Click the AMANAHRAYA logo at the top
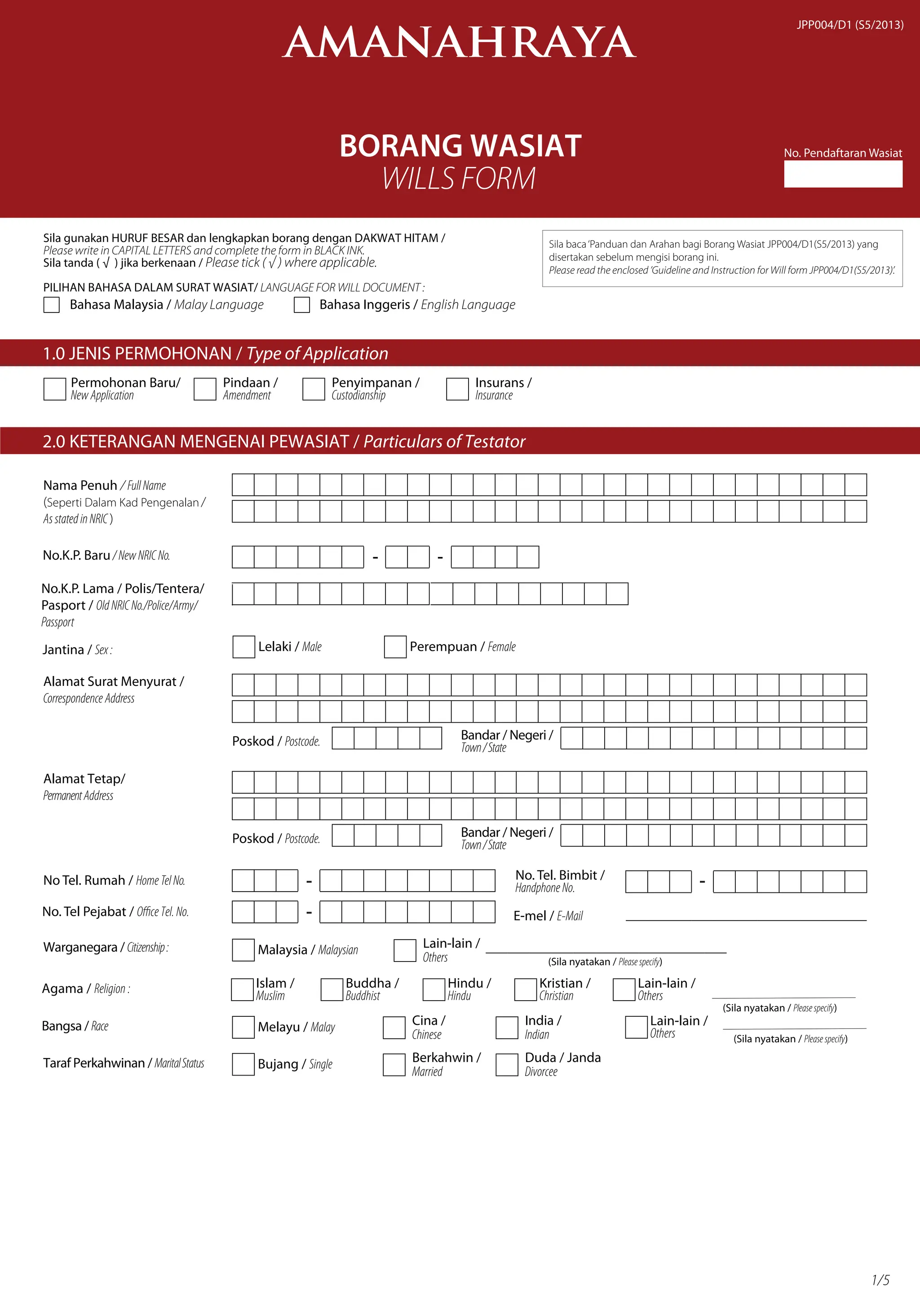(460, 43)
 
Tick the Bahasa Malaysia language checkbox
(52, 305)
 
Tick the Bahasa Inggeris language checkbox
(301, 305)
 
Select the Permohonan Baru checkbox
(55, 390)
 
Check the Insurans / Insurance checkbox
(457, 390)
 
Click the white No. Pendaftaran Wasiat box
(842, 174)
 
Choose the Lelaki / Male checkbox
(243, 646)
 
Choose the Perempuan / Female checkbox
(395, 646)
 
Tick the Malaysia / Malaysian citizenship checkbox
(243, 950)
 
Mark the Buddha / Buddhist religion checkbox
(332, 990)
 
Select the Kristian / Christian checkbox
(525, 990)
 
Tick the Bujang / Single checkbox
(243, 1064)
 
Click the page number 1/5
(880, 1280)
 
